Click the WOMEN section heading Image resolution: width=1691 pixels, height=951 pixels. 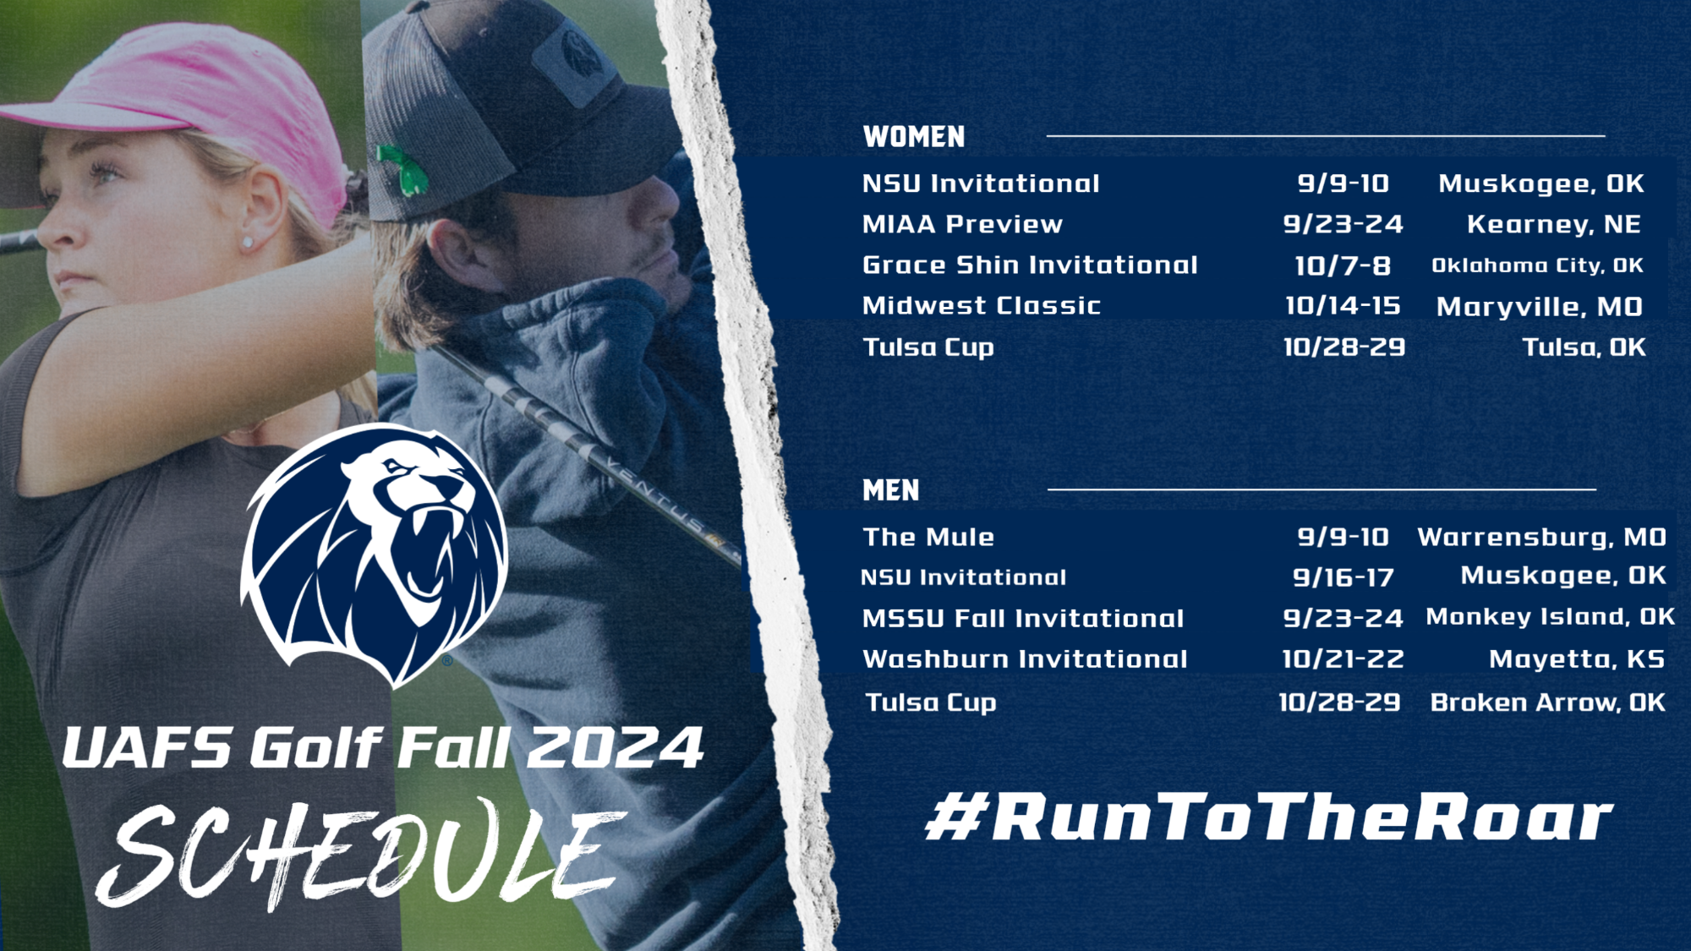(913, 137)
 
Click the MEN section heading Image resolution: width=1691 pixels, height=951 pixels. (890, 490)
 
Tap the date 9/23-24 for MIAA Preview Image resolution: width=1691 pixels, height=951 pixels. (1343, 224)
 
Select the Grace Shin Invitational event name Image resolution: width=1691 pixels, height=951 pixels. (1030, 265)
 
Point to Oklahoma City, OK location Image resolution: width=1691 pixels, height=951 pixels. (1537, 265)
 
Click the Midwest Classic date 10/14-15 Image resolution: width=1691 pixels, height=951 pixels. (1343, 306)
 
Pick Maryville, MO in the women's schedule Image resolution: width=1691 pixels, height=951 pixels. (1539, 307)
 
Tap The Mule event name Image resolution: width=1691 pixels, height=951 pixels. (928, 537)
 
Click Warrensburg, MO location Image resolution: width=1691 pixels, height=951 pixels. (1541, 537)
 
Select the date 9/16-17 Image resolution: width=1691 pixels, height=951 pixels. (1343, 577)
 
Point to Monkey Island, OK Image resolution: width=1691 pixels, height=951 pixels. (1550, 617)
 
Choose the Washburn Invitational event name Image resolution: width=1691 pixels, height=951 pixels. (1025, 659)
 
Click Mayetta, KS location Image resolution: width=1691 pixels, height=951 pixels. (1576, 659)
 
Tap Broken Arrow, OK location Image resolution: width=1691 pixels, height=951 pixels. (1547, 702)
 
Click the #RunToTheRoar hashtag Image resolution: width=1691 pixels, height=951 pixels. (1268, 817)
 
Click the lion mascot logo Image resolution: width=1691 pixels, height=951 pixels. (375, 554)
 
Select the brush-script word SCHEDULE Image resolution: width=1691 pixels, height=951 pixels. (364, 854)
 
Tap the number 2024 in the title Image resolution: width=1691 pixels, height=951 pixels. (615, 748)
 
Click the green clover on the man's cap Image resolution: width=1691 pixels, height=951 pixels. (403, 168)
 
